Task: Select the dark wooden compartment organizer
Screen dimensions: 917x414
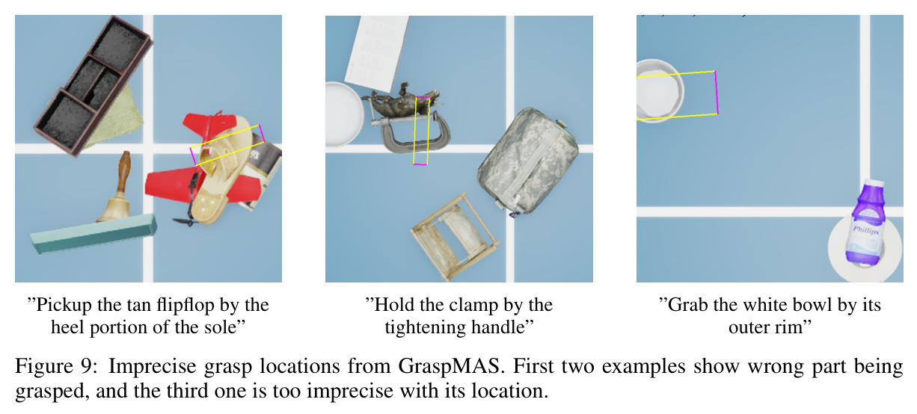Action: click(93, 86)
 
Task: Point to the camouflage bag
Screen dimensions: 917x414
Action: click(528, 161)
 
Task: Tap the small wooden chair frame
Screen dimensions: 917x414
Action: click(455, 238)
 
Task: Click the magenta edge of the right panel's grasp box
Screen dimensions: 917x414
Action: click(717, 93)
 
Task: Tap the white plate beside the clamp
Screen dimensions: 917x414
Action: click(343, 114)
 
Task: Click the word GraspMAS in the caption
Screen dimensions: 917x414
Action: click(450, 366)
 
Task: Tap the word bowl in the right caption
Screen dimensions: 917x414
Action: click(811, 305)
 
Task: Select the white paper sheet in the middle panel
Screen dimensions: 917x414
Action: click(377, 53)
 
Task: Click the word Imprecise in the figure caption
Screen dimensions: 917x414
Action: click(153, 366)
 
